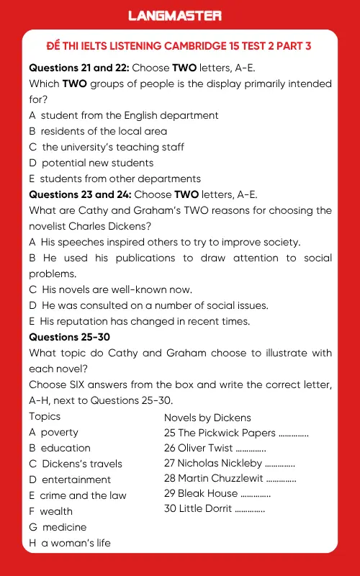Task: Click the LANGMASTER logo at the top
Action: click(175, 15)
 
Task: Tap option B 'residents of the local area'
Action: click(98, 131)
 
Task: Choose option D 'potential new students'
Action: click(91, 163)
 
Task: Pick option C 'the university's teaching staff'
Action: click(107, 147)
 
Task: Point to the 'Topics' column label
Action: click(45, 416)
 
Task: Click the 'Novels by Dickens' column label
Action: click(207, 418)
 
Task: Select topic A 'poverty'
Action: click(54, 432)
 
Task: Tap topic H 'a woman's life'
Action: click(70, 543)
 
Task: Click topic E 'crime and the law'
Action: click(78, 495)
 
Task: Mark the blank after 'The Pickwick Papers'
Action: click(293, 433)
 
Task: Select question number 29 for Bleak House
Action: click(170, 493)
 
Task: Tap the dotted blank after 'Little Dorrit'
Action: click(250, 510)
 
